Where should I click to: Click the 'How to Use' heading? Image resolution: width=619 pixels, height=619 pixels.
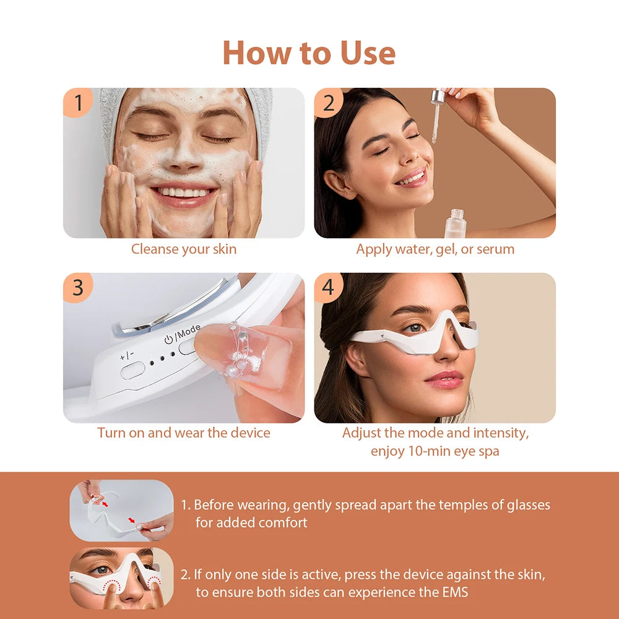(x=309, y=53)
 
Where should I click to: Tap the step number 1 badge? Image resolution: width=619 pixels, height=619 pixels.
(x=78, y=103)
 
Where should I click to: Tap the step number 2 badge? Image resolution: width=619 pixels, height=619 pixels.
(x=329, y=103)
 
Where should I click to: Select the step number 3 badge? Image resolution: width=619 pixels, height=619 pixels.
(x=78, y=288)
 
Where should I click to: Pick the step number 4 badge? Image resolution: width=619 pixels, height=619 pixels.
(x=329, y=288)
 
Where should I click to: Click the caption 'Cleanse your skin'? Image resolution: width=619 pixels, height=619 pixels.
(x=183, y=249)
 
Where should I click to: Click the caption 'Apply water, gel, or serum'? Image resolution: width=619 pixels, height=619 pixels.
(x=435, y=249)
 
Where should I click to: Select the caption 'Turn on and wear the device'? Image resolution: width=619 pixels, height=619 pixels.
(x=183, y=433)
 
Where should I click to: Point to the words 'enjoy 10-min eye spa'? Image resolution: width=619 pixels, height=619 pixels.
(x=435, y=451)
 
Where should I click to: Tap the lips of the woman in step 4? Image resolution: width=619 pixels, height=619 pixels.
(x=444, y=379)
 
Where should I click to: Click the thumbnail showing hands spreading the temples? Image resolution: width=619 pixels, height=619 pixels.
(x=121, y=510)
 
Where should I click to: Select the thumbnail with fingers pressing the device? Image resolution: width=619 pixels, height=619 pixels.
(x=121, y=578)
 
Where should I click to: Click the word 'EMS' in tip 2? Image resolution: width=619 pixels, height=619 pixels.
(x=454, y=592)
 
